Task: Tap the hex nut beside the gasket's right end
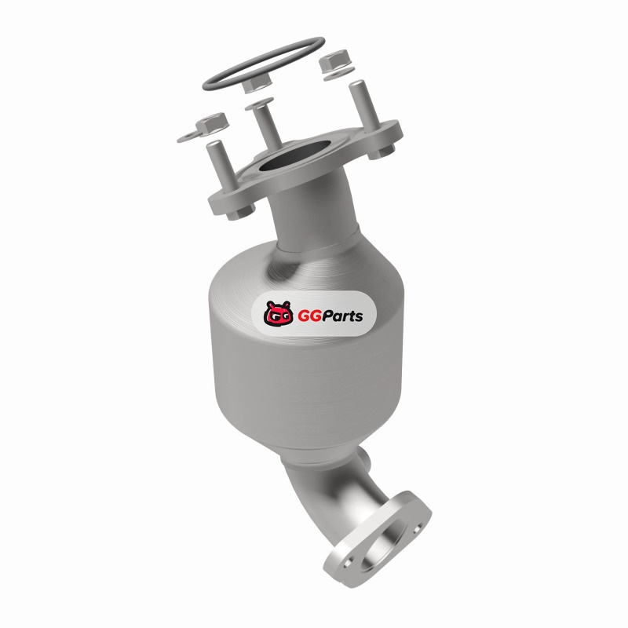[334, 60]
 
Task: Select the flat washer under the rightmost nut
[339, 74]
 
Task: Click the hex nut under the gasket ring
[257, 84]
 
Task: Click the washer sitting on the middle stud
[259, 104]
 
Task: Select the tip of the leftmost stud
[214, 144]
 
